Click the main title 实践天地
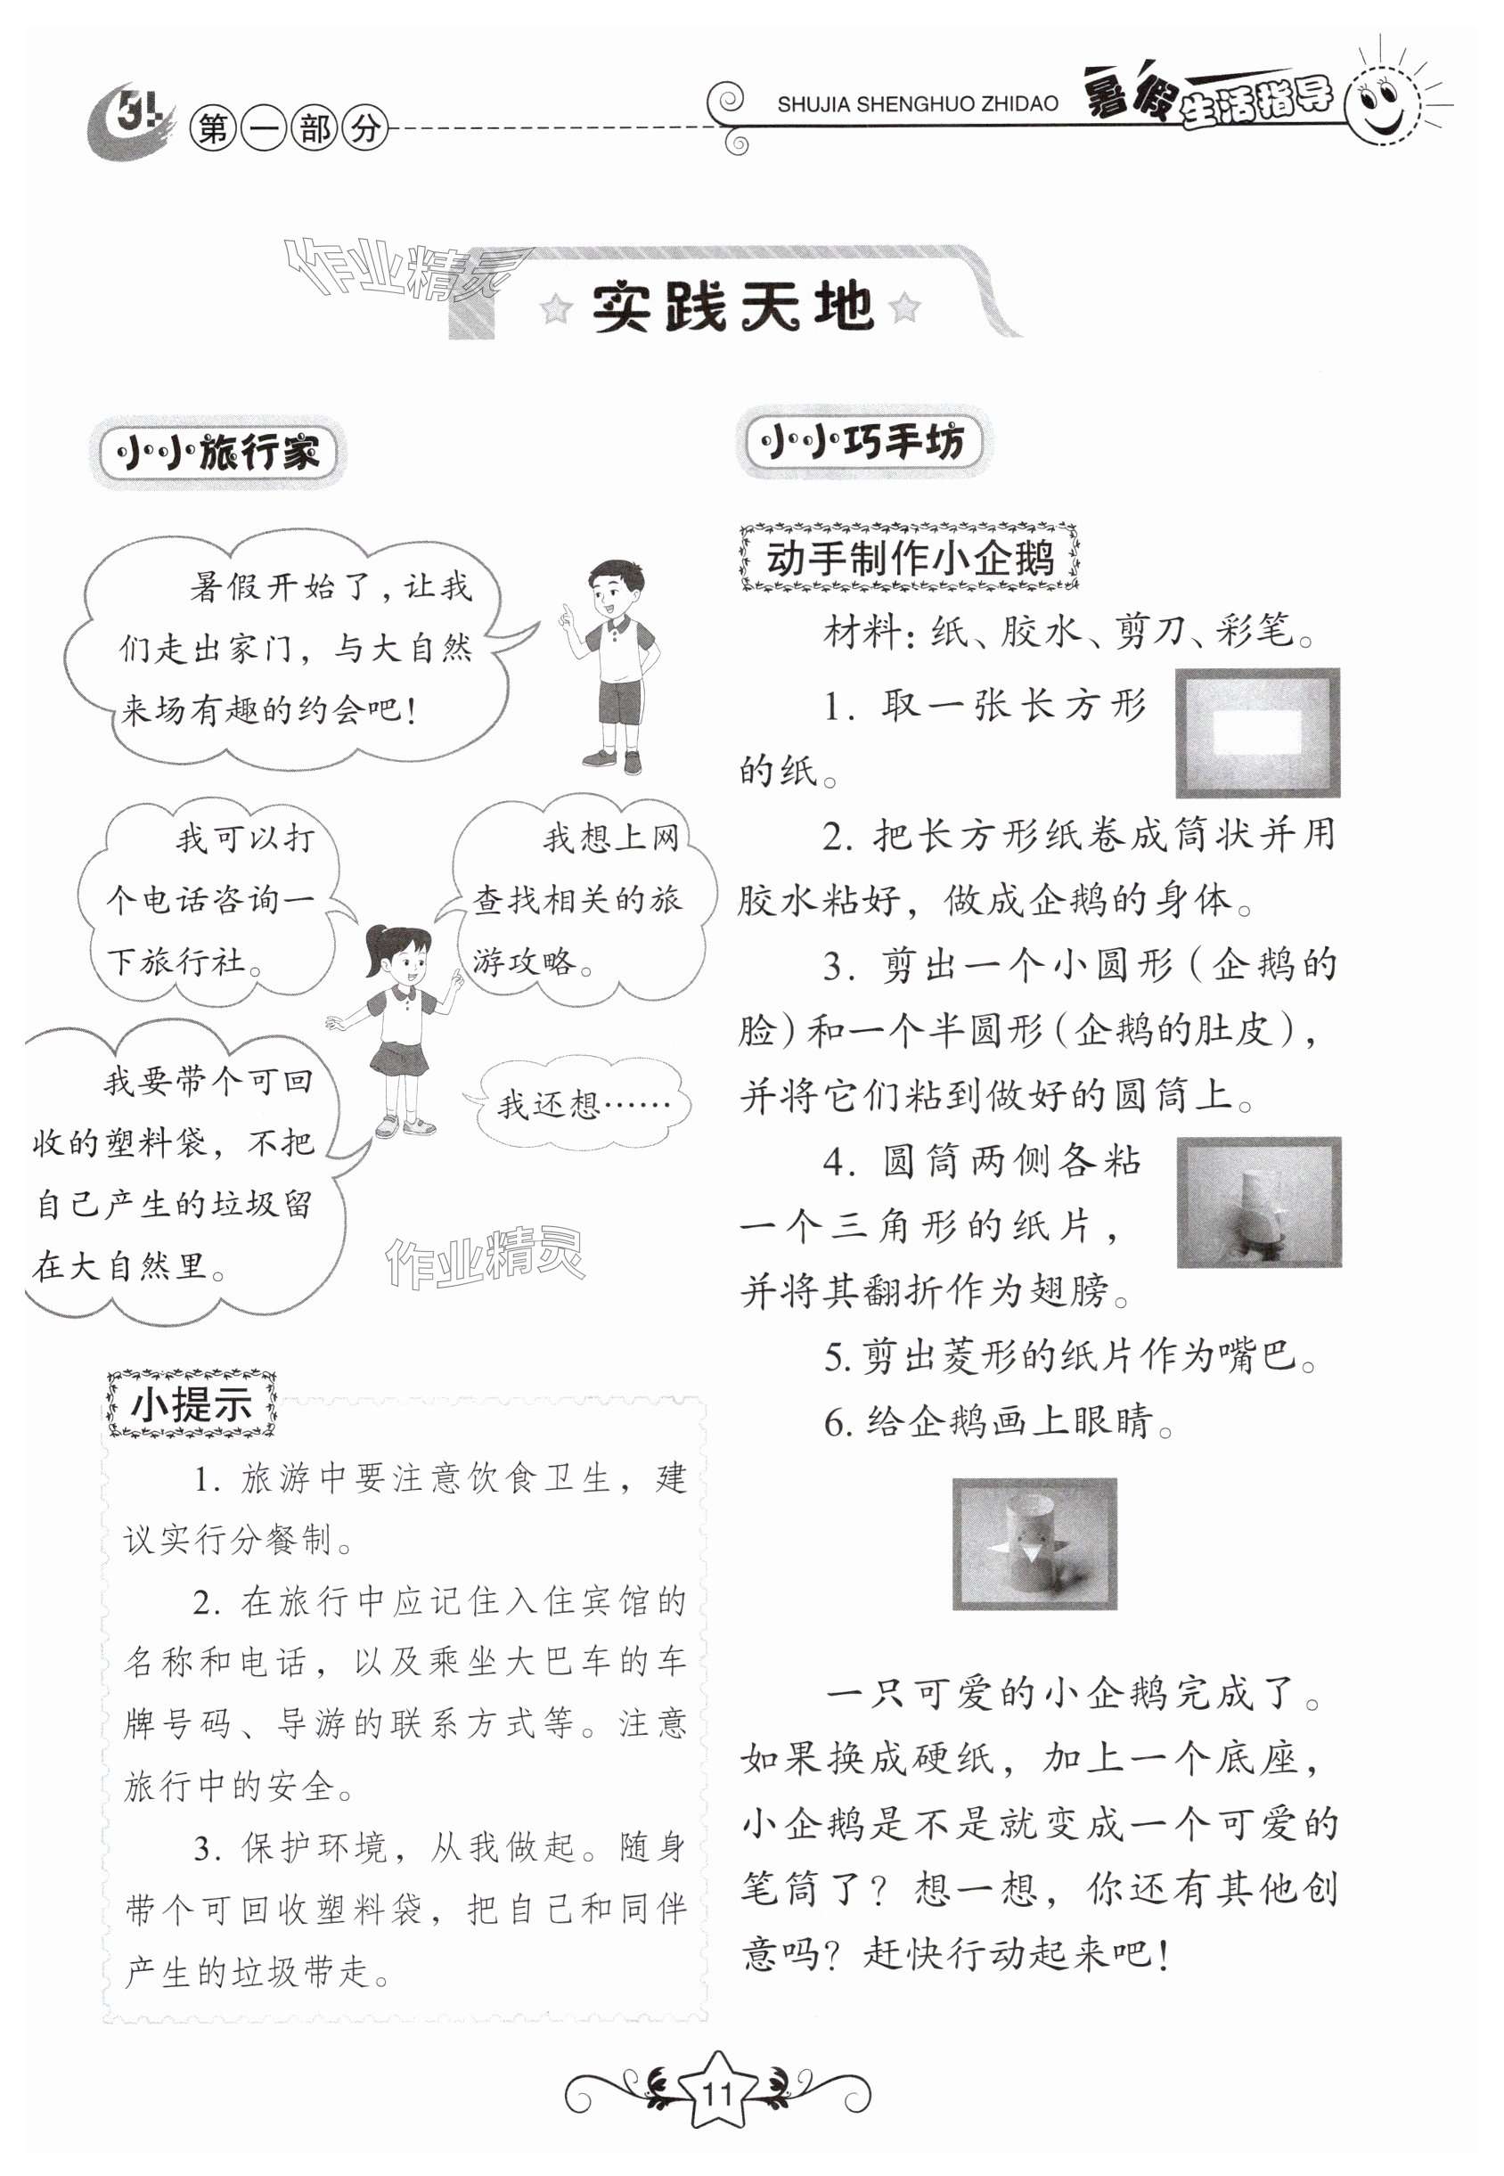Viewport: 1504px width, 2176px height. tap(732, 307)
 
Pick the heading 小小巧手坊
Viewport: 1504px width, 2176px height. tap(862, 441)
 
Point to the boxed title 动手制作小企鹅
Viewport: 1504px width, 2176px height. tap(910, 558)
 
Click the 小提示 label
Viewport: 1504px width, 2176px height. tap(192, 1405)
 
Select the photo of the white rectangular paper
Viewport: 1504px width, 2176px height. tap(1257, 732)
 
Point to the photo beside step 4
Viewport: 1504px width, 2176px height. tap(1259, 1201)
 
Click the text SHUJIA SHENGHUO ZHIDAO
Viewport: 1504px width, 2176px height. tap(917, 104)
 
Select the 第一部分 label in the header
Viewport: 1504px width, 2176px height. tap(289, 128)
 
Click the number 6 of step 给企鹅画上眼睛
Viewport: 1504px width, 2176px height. tap(835, 1423)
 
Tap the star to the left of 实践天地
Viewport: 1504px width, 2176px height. tap(556, 308)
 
